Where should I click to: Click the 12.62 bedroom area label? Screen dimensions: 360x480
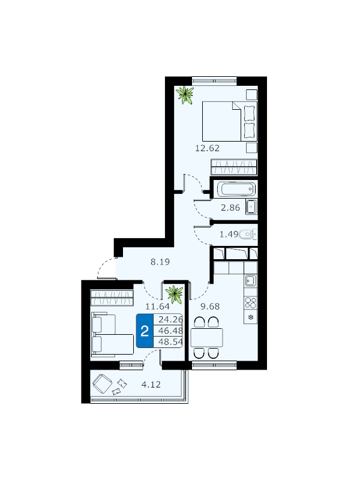207,148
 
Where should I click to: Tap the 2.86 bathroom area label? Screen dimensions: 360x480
230,208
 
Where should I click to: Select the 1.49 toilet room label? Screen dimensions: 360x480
229,235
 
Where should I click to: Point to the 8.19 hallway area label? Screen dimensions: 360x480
160,262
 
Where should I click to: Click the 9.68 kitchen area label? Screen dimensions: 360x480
210,306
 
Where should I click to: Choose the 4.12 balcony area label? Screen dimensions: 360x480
151,384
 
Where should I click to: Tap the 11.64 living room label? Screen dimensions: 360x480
157,306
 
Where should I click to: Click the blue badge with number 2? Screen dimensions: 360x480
145,331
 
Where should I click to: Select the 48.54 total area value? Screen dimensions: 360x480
170,341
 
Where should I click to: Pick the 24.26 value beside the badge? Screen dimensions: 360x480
170,320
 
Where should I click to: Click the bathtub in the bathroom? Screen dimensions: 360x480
236,189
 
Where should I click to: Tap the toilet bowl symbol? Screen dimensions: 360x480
248,235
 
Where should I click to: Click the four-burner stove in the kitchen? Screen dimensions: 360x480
251,303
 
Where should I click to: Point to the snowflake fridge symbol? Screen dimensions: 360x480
251,317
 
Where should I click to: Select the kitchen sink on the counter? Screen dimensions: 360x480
251,280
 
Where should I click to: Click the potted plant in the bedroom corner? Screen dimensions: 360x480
185,95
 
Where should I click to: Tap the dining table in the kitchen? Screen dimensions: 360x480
206,337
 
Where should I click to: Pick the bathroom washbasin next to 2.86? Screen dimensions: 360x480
251,207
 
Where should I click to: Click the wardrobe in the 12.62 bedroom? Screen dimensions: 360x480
234,167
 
